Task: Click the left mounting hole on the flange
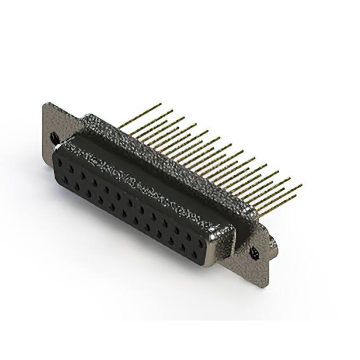click(54, 136)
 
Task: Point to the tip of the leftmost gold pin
click(160, 104)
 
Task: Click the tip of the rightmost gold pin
click(301, 185)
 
